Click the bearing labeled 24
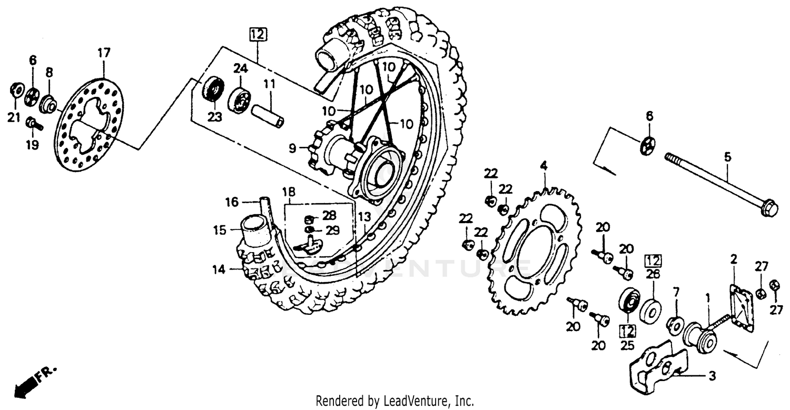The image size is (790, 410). pos(239,100)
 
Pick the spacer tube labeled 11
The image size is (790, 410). pos(268,116)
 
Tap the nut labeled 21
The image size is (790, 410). pos(16,91)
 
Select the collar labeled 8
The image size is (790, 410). pos(49,104)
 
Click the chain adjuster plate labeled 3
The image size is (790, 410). pos(653,363)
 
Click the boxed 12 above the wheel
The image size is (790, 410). pos(258,35)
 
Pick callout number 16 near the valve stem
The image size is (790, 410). pos(232,202)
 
